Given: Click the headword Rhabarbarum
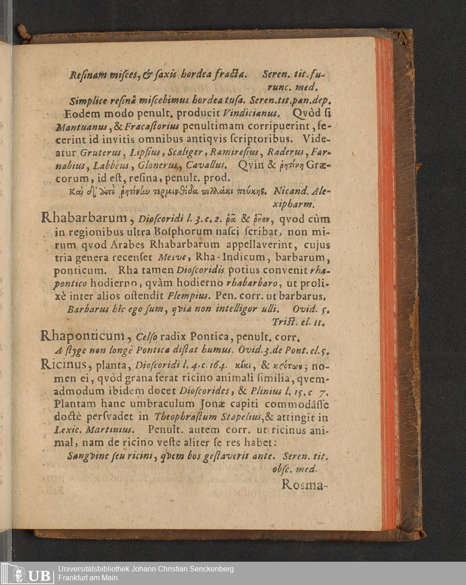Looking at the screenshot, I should click(84, 218).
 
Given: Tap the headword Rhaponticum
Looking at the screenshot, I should click(82, 335).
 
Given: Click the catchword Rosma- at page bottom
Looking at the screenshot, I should click(305, 485).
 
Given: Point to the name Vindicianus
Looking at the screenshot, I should click(251, 113).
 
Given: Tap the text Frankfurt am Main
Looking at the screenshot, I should click(88, 578).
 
